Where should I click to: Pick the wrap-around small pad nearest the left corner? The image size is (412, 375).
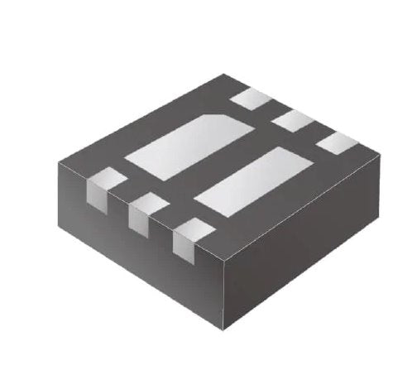[107, 178]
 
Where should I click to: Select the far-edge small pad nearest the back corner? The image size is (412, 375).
[252, 99]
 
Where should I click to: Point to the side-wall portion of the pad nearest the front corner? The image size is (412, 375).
[181, 246]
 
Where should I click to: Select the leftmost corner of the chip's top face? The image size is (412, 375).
[57, 161]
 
